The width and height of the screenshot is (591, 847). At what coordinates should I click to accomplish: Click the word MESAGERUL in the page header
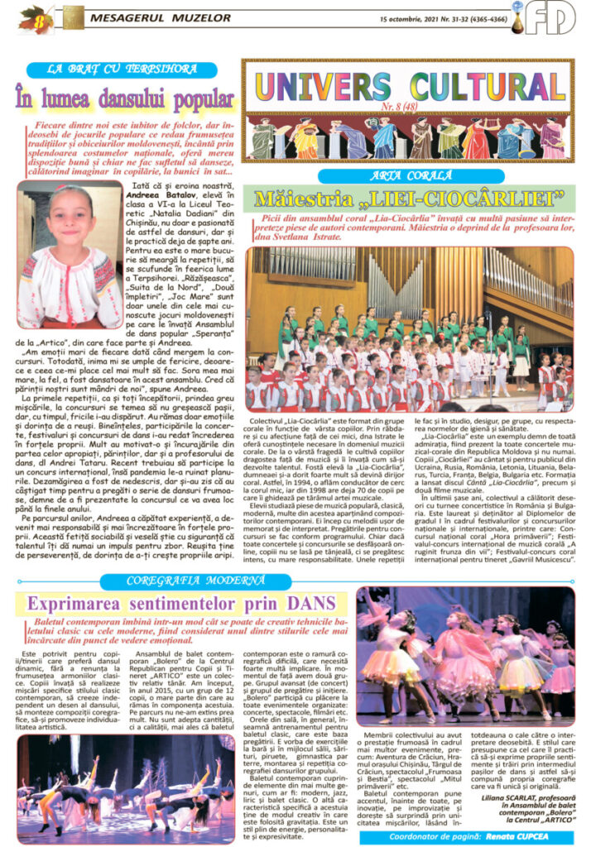coord(126,17)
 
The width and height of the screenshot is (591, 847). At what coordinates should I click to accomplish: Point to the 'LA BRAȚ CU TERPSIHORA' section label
coord(121,69)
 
